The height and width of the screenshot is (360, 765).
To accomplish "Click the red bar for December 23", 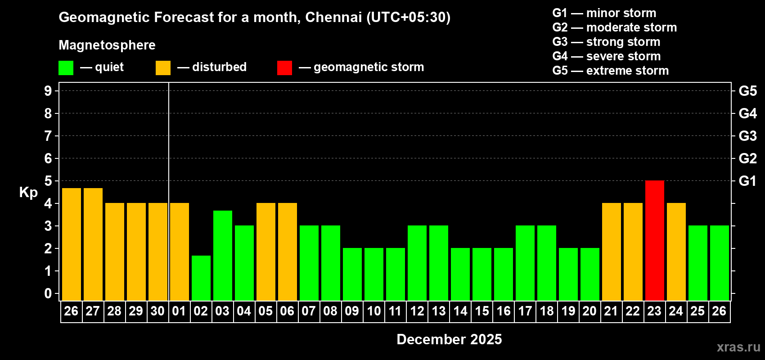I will pos(654,241).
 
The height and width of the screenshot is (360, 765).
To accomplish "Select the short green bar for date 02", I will pos(201,278).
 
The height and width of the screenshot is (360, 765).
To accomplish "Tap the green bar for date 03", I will pos(222,256).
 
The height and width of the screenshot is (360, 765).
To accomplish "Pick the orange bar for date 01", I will pos(179,252).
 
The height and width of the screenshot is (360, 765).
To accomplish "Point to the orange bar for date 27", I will pos(93,244).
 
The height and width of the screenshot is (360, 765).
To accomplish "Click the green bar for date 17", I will pos(525,263).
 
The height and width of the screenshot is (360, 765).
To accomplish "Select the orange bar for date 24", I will pos(676,252).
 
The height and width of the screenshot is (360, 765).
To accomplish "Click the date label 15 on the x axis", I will pos(481,311).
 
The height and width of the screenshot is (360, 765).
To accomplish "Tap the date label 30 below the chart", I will pos(157,311).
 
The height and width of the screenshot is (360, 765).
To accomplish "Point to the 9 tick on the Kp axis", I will pos(48,91).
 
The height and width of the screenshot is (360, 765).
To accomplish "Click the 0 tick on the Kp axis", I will pos(48,293).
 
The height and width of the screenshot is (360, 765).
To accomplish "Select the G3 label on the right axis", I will pos(747,136).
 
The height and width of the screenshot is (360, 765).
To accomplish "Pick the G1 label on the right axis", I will pos(747,181).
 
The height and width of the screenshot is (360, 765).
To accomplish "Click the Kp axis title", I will pos(28,192).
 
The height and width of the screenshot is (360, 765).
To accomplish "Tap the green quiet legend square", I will pos(66,68).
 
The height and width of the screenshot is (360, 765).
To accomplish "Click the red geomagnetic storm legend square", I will pos(284,68).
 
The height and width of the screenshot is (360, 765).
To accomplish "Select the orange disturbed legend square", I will pos(163,68).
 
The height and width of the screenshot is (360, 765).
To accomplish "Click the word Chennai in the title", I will pos(333,17).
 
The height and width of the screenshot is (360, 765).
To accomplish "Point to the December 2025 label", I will pos(449,339).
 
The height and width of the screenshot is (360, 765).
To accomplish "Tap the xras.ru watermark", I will pos(738,347).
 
